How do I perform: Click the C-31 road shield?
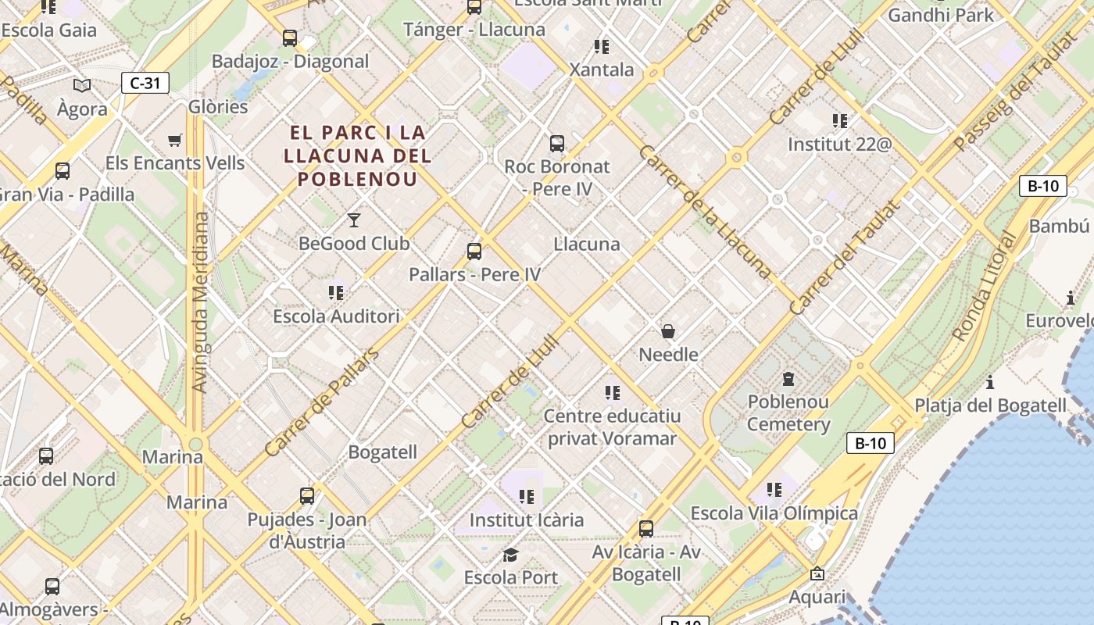pyautogui.click(x=145, y=83)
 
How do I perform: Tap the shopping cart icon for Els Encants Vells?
pyautogui.click(x=175, y=141)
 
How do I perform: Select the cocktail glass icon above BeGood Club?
pyautogui.click(x=354, y=220)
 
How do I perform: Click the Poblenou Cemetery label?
pyautogui.click(x=788, y=413)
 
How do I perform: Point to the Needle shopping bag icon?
pyautogui.click(x=668, y=331)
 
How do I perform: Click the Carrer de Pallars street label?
pyautogui.click(x=321, y=403)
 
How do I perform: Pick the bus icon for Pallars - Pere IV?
pyautogui.click(x=474, y=252)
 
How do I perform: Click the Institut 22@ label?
pyautogui.click(x=839, y=145)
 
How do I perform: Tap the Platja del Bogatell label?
pyautogui.click(x=990, y=405)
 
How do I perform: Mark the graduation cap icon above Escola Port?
pyautogui.click(x=510, y=555)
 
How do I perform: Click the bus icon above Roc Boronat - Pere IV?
pyautogui.click(x=557, y=144)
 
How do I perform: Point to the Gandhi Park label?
pyautogui.click(x=941, y=15)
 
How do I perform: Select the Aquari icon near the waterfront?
pyautogui.click(x=817, y=574)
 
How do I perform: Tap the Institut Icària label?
pyautogui.click(x=526, y=520)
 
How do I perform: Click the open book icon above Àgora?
pyautogui.click(x=82, y=85)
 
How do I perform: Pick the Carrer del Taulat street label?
pyautogui.click(x=845, y=257)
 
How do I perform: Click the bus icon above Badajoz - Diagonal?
pyautogui.click(x=290, y=37)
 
